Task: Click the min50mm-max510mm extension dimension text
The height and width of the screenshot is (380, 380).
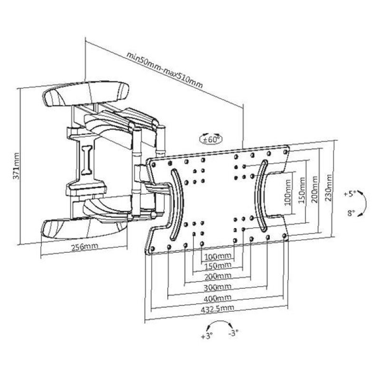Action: click(x=164, y=71)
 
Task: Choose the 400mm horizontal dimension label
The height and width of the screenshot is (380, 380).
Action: click(x=218, y=298)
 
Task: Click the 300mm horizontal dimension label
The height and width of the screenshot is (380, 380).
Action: click(x=218, y=287)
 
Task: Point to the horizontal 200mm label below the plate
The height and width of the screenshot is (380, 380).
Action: click(x=218, y=276)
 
